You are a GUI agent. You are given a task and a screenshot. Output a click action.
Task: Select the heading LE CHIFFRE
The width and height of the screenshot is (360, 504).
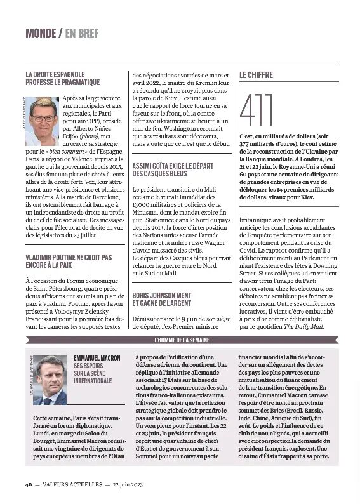pyautogui.click(x=256, y=75)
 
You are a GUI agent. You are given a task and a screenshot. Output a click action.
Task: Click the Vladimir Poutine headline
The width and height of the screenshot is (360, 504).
pyautogui.click(x=68, y=261)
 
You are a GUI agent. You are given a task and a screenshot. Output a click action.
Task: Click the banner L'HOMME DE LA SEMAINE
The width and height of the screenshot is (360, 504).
pyautogui.click(x=183, y=340)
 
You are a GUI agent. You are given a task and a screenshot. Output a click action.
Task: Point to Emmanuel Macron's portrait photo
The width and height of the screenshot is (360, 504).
pyautogui.click(x=49, y=380)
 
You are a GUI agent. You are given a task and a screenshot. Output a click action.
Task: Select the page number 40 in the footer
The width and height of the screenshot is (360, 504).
pyautogui.click(x=29, y=484)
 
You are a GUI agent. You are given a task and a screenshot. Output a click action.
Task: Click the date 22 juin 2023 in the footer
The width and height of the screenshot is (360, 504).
pyautogui.click(x=124, y=484)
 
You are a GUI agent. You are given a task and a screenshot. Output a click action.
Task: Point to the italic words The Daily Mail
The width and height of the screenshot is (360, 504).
pyautogui.click(x=303, y=326)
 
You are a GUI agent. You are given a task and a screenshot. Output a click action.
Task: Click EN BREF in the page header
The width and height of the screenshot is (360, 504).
pyautogui.click(x=82, y=33)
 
